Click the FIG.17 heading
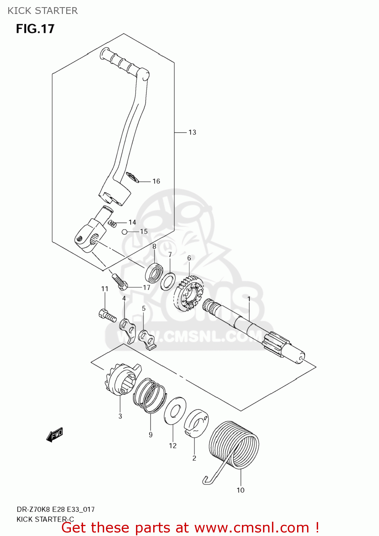35,29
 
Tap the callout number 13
192,133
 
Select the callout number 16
156,182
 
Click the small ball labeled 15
125,232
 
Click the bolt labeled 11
107,315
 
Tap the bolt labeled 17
120,281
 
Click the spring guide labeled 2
196,424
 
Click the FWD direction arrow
55,435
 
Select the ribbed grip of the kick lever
120,62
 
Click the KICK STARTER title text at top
43,11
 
